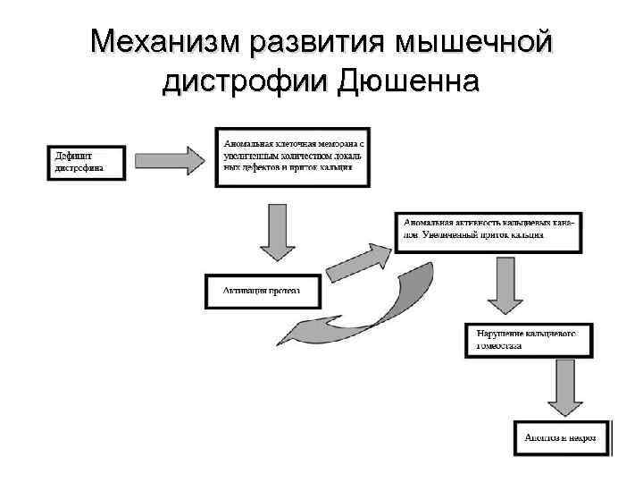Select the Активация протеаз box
262,290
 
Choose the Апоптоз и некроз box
561,439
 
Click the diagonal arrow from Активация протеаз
355,261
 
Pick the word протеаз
283,290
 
